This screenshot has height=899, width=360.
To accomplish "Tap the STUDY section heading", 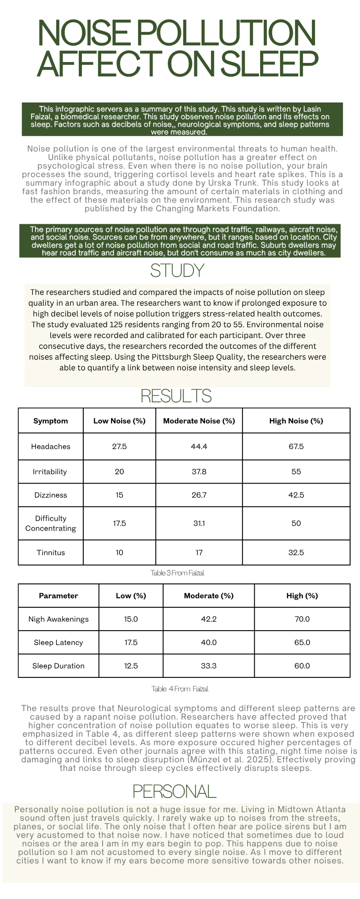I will [x=177, y=271].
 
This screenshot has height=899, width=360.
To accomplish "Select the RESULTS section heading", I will [x=176, y=396].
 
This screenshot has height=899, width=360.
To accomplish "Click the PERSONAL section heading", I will [x=175, y=791].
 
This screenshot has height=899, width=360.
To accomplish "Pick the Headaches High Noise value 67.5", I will [x=296, y=446].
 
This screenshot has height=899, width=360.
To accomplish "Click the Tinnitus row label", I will [x=51, y=552].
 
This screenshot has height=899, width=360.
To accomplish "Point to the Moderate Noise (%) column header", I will [x=199, y=421].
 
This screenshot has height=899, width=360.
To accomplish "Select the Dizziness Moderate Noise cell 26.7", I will [x=199, y=495].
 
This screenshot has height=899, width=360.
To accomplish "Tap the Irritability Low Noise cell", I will [x=119, y=472].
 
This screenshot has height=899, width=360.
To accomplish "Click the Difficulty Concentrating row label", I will [x=51, y=523].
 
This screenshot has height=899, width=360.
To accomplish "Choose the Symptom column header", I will [x=51, y=421].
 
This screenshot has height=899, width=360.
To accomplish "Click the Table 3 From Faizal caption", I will [x=178, y=573].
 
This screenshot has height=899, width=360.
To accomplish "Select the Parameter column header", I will [x=58, y=596].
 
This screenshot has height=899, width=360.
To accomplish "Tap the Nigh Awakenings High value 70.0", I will [x=302, y=619].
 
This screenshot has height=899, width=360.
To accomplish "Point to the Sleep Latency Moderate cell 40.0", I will [x=209, y=642].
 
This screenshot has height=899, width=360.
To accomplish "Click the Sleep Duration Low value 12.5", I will [x=131, y=666].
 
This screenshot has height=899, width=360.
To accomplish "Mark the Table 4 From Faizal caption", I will [x=180, y=689].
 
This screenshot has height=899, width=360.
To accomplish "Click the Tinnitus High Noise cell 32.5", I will [x=296, y=552].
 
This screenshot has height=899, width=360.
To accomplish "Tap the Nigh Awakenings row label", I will [x=58, y=619].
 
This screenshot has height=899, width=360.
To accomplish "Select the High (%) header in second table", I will [x=302, y=596].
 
